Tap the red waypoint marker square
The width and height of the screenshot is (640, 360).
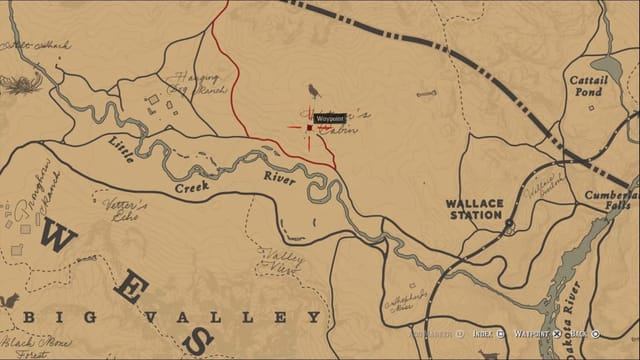309,127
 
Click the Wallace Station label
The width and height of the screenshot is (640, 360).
474,209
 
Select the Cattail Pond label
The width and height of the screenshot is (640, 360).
585,85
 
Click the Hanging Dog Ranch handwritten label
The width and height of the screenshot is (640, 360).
196,82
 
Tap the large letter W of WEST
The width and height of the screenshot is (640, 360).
61,238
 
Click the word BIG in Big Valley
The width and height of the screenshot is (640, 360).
45,317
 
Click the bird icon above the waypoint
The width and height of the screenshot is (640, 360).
315,91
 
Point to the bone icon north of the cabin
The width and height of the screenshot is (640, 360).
426,94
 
